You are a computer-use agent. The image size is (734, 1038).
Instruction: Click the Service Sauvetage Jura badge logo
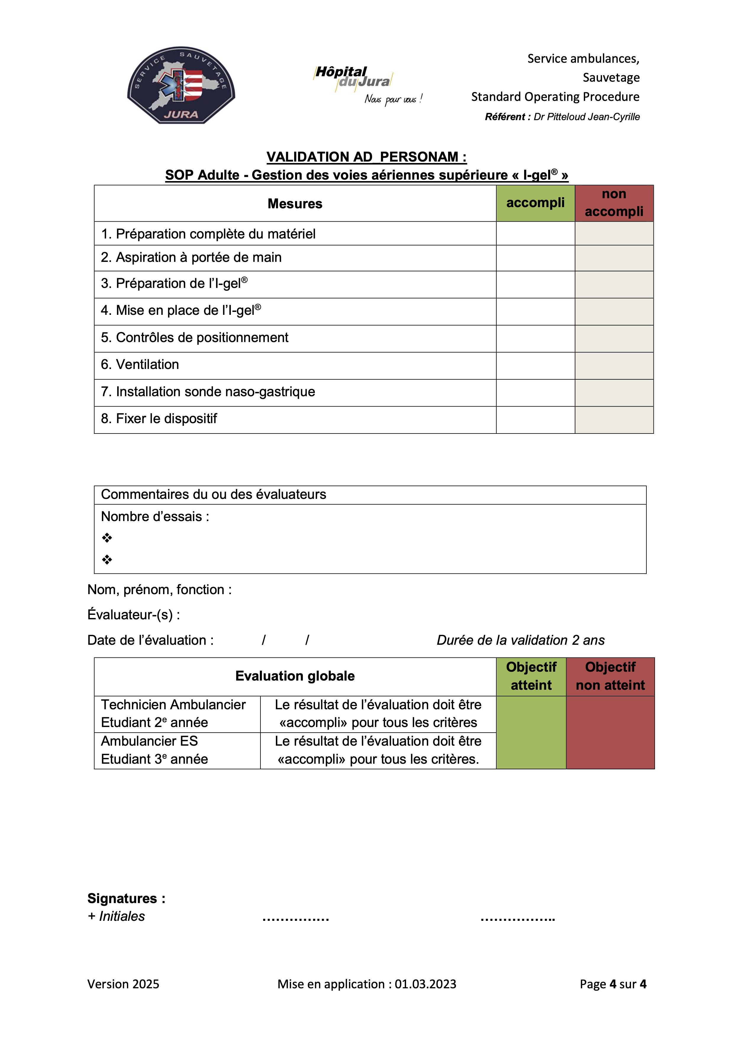click(x=181, y=85)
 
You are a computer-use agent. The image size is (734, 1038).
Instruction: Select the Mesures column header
click(x=295, y=204)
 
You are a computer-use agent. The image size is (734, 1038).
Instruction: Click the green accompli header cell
click(x=535, y=203)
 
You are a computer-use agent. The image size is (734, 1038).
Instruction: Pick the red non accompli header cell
click(x=614, y=203)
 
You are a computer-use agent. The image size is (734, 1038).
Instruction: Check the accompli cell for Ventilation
click(x=535, y=365)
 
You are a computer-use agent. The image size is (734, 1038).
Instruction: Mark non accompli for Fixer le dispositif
click(x=614, y=420)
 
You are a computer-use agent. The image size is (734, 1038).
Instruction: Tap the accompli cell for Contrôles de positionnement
click(x=535, y=338)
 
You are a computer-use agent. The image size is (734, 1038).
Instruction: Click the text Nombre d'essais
click(x=155, y=517)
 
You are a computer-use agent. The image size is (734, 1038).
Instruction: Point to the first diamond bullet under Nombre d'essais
click(x=107, y=538)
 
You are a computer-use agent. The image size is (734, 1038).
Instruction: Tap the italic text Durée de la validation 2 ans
click(x=520, y=640)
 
